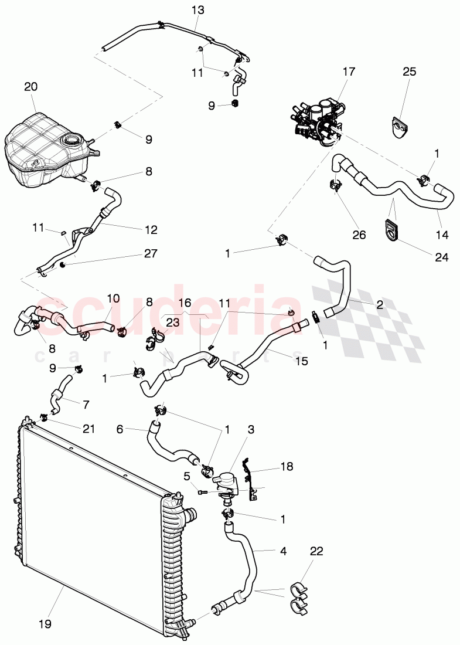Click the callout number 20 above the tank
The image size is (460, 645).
[x=30, y=87]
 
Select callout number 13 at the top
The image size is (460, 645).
[x=196, y=11]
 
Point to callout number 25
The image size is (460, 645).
[x=409, y=72]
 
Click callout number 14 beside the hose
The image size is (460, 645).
[x=442, y=235]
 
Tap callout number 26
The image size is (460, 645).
[x=359, y=235]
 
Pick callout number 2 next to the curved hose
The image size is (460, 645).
[x=380, y=304]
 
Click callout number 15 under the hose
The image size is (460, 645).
[x=301, y=362]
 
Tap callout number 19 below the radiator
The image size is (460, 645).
[x=45, y=624]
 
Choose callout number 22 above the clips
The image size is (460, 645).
[x=316, y=552]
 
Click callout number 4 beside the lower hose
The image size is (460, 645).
[x=282, y=551]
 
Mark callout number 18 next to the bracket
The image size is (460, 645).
[x=286, y=467]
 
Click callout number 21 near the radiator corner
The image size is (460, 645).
[x=88, y=430]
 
